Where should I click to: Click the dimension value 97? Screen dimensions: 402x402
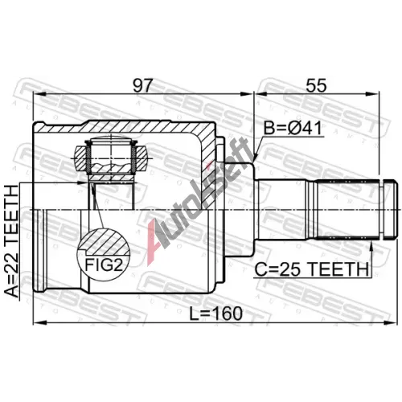142,85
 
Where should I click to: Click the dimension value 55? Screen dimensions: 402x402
317,85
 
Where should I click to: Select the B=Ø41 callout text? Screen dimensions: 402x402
293,128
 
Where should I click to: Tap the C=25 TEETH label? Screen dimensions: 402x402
312,269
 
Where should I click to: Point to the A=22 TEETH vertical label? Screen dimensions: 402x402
12,241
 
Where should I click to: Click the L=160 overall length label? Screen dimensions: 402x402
216,314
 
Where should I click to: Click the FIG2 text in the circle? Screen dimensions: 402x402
104,265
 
